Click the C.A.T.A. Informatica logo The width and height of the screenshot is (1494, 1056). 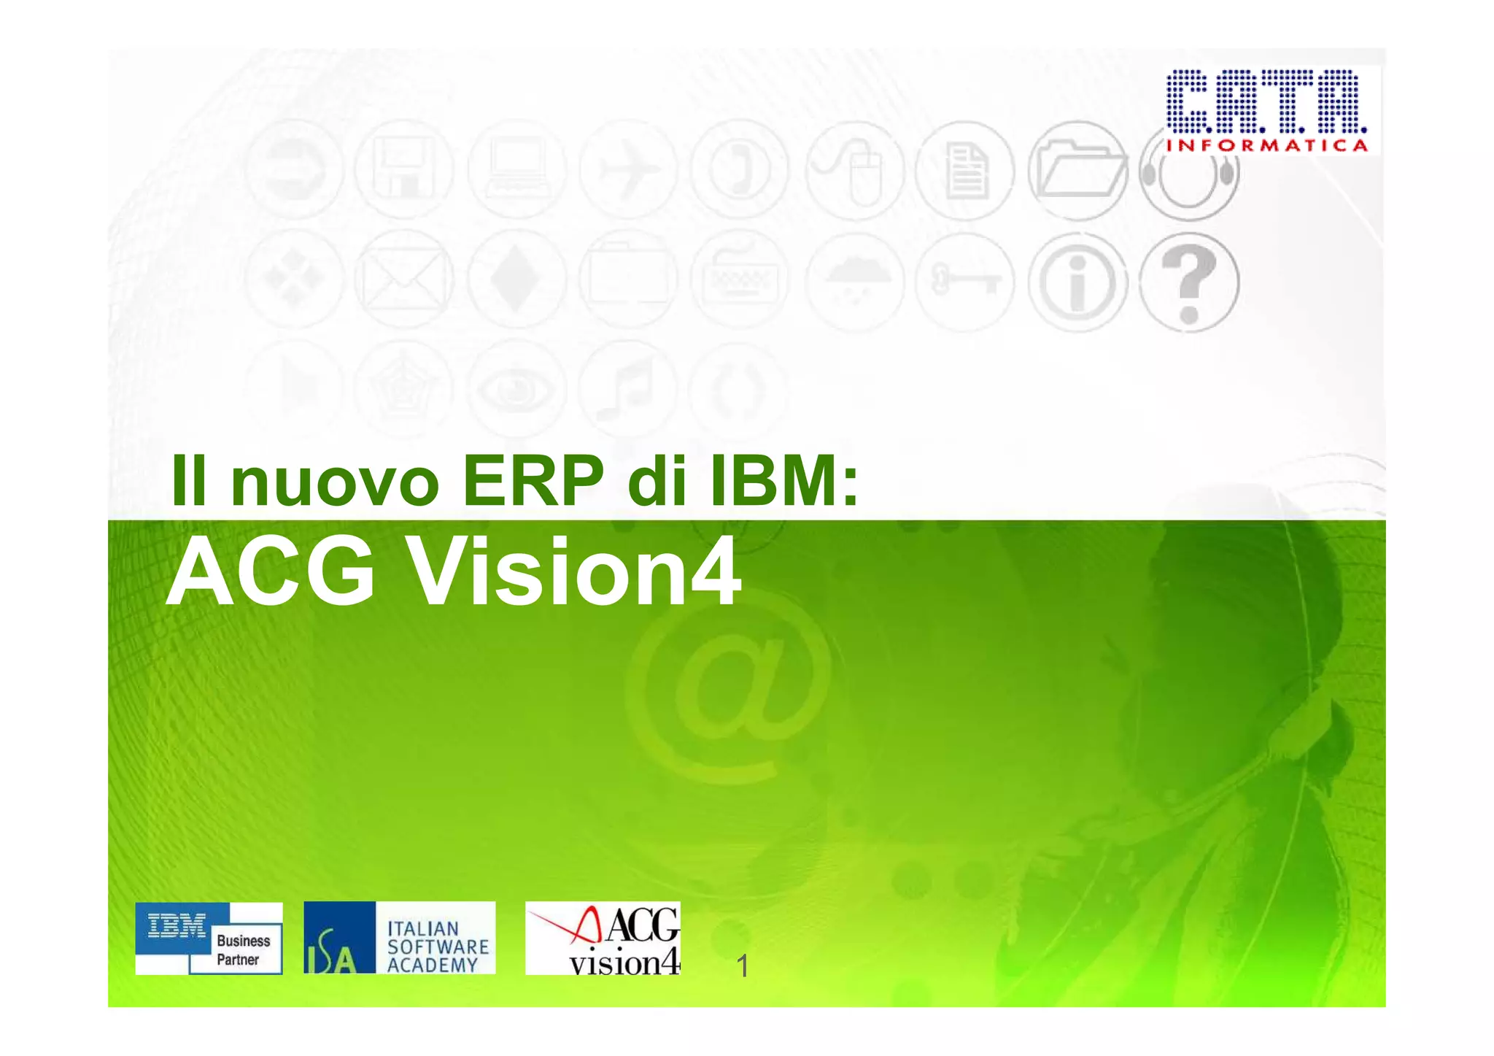pyautogui.click(x=1266, y=110)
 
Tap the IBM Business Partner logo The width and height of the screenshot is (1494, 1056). pyautogui.click(x=209, y=938)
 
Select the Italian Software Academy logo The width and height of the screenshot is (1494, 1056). pyautogui.click(x=399, y=938)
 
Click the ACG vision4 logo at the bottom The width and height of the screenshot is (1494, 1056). pyautogui.click(x=603, y=939)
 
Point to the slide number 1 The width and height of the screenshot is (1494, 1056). pyautogui.click(x=743, y=966)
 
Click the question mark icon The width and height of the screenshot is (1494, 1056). pyautogui.click(x=1188, y=282)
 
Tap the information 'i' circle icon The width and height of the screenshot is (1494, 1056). pyautogui.click(x=1077, y=282)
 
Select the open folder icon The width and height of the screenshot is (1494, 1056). pyautogui.click(x=1077, y=171)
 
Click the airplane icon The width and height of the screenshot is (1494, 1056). pyautogui.click(x=627, y=171)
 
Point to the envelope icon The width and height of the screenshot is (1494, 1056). pyautogui.click(x=403, y=280)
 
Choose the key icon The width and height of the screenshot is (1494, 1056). pyautogui.click(x=965, y=281)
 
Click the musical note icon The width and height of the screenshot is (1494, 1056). pyautogui.click(x=627, y=388)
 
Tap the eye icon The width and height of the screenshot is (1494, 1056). pyautogui.click(x=516, y=388)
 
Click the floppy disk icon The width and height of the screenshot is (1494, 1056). pyautogui.click(x=403, y=171)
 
